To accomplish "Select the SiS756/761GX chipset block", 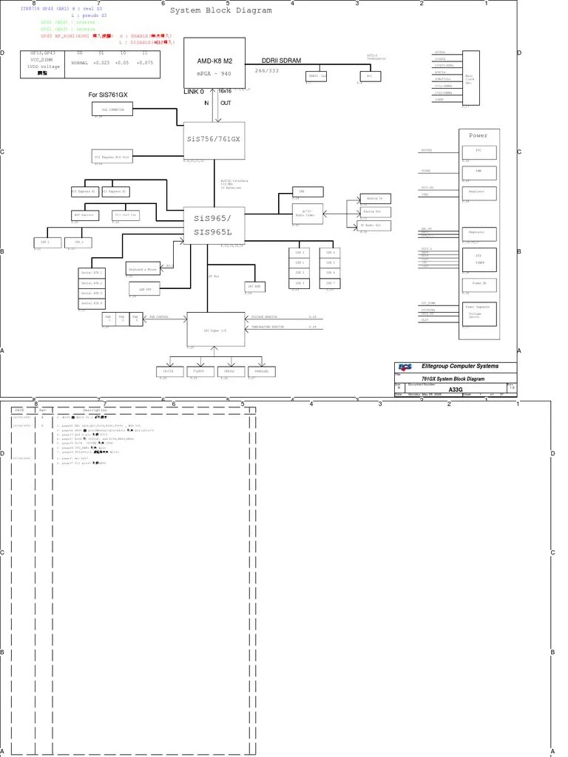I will tap(214, 140).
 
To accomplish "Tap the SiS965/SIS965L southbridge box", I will tap(214, 225).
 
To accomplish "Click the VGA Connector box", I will tap(112, 109).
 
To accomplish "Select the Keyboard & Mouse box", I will tap(142, 270).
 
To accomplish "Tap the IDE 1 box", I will tap(44, 242).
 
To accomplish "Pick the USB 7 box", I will tap(330, 283).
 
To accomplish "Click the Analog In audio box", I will tap(374, 199).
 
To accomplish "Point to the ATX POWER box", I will tap(478, 259).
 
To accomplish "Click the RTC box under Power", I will tap(478, 151).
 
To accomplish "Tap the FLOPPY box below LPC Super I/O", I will tap(198, 371).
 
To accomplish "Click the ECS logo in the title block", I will tap(405, 367).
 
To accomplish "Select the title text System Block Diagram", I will tap(221, 11).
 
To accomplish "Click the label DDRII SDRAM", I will tap(282, 61).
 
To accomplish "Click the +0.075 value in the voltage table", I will tap(145, 63).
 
